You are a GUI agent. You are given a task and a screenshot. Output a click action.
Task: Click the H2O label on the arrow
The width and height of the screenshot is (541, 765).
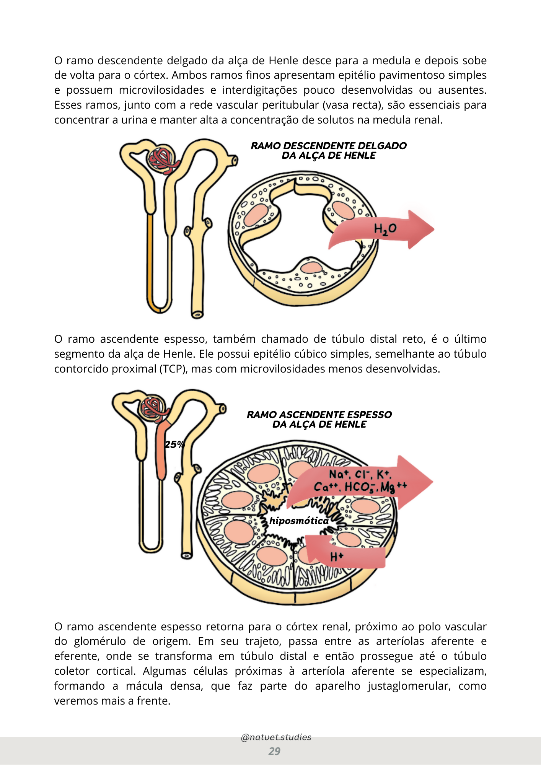pyautogui.click(x=385, y=229)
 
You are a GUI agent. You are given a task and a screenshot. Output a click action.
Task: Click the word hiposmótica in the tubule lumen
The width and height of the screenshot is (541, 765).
pyautogui.click(x=299, y=521)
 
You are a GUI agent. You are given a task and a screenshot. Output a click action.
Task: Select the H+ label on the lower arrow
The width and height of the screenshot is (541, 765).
pyautogui.click(x=337, y=557)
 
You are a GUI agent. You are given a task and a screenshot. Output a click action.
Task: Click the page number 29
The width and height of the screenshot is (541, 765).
pyautogui.click(x=274, y=751)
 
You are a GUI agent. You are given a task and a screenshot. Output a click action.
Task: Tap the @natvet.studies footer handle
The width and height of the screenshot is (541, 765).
pyautogui.click(x=276, y=737)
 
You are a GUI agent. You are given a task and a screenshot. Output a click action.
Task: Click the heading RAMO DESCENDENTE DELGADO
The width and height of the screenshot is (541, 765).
pyautogui.click(x=329, y=146)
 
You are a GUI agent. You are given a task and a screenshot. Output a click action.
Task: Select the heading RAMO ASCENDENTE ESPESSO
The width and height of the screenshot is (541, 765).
pyautogui.click(x=319, y=415)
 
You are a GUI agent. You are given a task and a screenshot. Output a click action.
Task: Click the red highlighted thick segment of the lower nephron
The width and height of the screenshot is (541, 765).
pyautogui.click(x=162, y=451)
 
